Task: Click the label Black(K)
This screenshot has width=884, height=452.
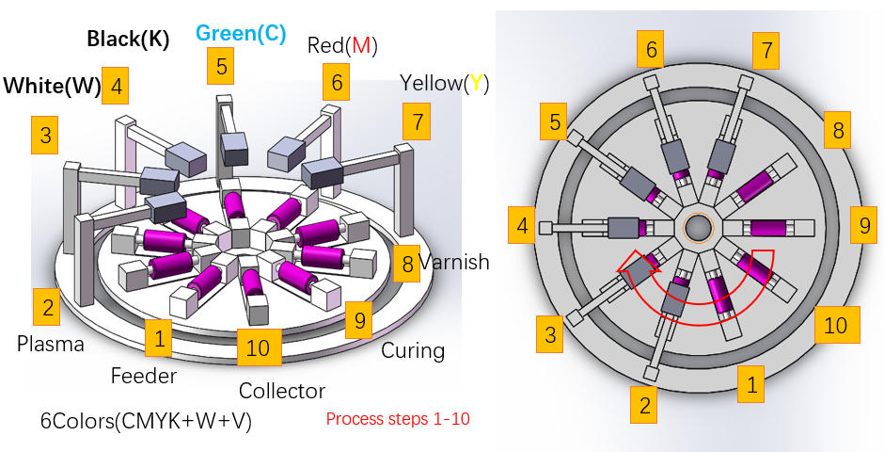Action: tap(128, 39)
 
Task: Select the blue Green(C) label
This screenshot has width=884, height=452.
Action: tap(241, 34)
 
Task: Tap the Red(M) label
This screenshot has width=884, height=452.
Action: tap(342, 45)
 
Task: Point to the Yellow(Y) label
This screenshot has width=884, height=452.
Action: tap(444, 84)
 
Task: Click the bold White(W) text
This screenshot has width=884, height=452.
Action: tap(52, 86)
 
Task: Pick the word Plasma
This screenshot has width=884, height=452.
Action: tap(50, 343)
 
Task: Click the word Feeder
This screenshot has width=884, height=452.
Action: tap(144, 376)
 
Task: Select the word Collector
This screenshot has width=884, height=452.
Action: tap(282, 391)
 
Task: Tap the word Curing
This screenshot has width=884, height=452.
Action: tap(413, 350)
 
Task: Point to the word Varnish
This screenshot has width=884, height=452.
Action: tap(454, 262)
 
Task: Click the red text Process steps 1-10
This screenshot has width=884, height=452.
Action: tap(398, 419)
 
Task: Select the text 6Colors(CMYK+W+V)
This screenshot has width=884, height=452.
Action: tap(146, 422)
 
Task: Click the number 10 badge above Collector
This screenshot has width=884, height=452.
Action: tap(259, 347)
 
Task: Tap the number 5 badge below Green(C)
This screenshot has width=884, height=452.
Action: tap(220, 66)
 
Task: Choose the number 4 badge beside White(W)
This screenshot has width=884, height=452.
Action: tap(116, 86)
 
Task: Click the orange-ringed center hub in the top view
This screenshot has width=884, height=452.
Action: tap(699, 227)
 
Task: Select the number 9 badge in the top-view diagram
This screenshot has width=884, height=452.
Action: tap(863, 225)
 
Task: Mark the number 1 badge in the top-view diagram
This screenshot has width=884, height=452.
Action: tap(751, 384)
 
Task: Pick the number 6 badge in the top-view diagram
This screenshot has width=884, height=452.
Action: tap(651, 49)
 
